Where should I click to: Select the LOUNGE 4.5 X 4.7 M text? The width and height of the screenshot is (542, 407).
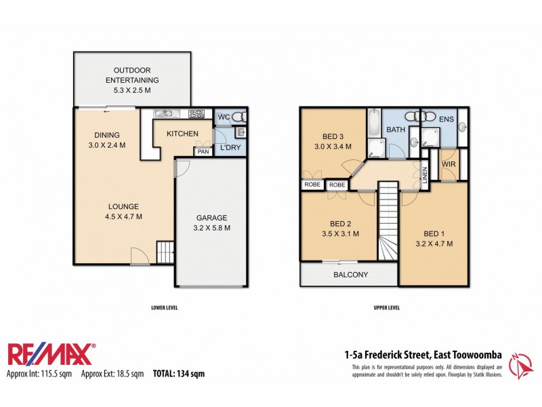tap(123, 212)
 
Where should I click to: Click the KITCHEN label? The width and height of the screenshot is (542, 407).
tap(182, 134)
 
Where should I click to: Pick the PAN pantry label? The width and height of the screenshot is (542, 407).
tap(203, 151)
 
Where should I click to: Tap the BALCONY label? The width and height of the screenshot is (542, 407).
tap(350, 275)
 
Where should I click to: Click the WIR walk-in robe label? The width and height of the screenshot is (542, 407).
tap(448, 164)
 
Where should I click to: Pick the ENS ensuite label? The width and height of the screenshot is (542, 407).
tap(446, 119)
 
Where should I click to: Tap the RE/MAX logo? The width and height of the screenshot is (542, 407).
tap(51, 353)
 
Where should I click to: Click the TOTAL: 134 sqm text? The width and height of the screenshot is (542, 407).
tap(179, 373)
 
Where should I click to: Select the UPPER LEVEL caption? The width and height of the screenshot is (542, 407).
tap(387, 307)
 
